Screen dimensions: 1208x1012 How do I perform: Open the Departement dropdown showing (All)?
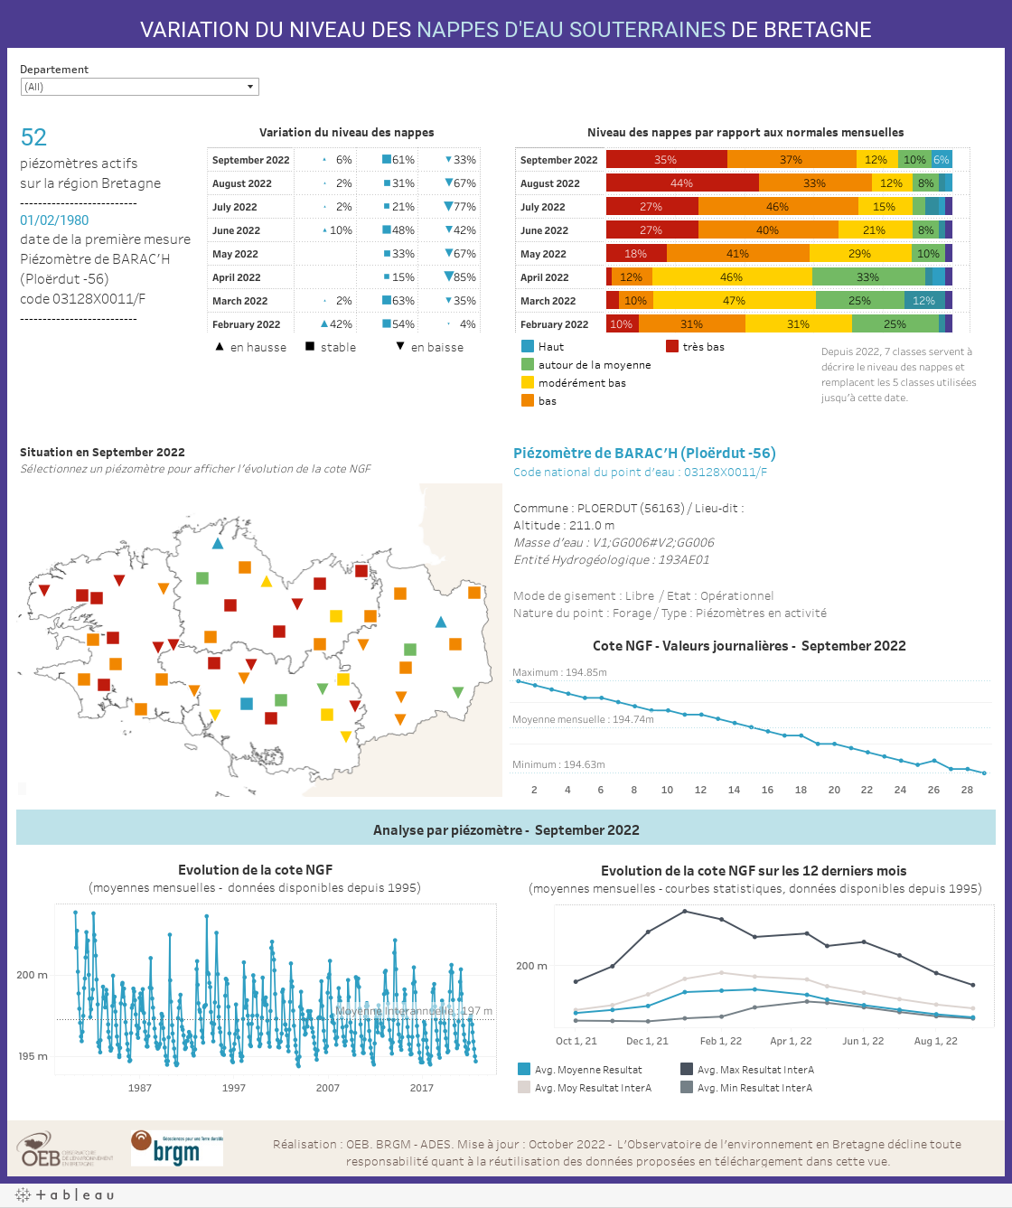pos(140,87)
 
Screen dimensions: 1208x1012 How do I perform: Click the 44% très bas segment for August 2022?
pos(682,183)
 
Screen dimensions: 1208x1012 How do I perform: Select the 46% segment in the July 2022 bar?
pos(777,207)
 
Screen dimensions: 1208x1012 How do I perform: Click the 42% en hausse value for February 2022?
pos(337,324)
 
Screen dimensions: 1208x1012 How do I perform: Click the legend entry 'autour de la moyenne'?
pos(594,365)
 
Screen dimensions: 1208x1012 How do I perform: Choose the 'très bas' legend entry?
pos(703,347)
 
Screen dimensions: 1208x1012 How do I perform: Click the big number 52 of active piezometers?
pos(33,137)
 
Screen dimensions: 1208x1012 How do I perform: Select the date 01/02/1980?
pos(54,220)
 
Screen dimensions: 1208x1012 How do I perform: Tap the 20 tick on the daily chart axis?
pos(834,790)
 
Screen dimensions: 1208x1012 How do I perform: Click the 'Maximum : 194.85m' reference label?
pos(559,672)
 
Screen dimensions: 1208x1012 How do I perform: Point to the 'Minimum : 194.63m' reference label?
pos(558,764)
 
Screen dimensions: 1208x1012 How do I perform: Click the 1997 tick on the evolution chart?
pos(234,1088)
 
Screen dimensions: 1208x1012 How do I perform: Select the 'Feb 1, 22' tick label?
pos(721,1041)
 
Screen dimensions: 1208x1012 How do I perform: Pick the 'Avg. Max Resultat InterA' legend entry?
pos(755,1070)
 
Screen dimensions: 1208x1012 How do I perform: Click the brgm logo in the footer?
pos(177,1148)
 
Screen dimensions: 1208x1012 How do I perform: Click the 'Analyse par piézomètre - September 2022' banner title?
pos(506,830)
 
